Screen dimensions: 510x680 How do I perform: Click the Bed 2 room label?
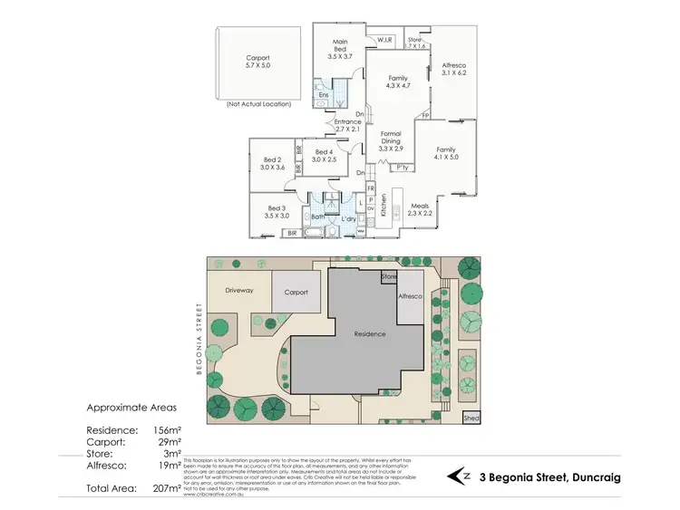[x=272, y=163]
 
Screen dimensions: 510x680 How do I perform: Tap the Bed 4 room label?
[x=325, y=155]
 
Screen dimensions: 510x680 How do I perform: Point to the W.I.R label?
[x=384, y=39]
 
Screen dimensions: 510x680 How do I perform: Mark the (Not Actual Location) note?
[x=257, y=105]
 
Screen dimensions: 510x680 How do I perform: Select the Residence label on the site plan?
[x=370, y=333]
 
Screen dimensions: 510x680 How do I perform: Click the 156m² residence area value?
[x=164, y=430]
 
